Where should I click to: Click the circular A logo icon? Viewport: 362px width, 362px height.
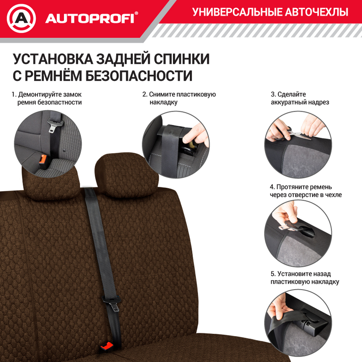pos(21,18)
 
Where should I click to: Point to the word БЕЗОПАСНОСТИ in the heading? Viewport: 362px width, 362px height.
pos(139,76)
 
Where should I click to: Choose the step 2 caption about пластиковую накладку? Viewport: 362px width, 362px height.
pos(179,98)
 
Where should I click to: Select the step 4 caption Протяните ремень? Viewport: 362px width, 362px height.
pos(306,191)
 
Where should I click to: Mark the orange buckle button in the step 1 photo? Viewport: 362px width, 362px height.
pos(43,159)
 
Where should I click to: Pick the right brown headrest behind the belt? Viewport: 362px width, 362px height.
pos(126,177)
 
